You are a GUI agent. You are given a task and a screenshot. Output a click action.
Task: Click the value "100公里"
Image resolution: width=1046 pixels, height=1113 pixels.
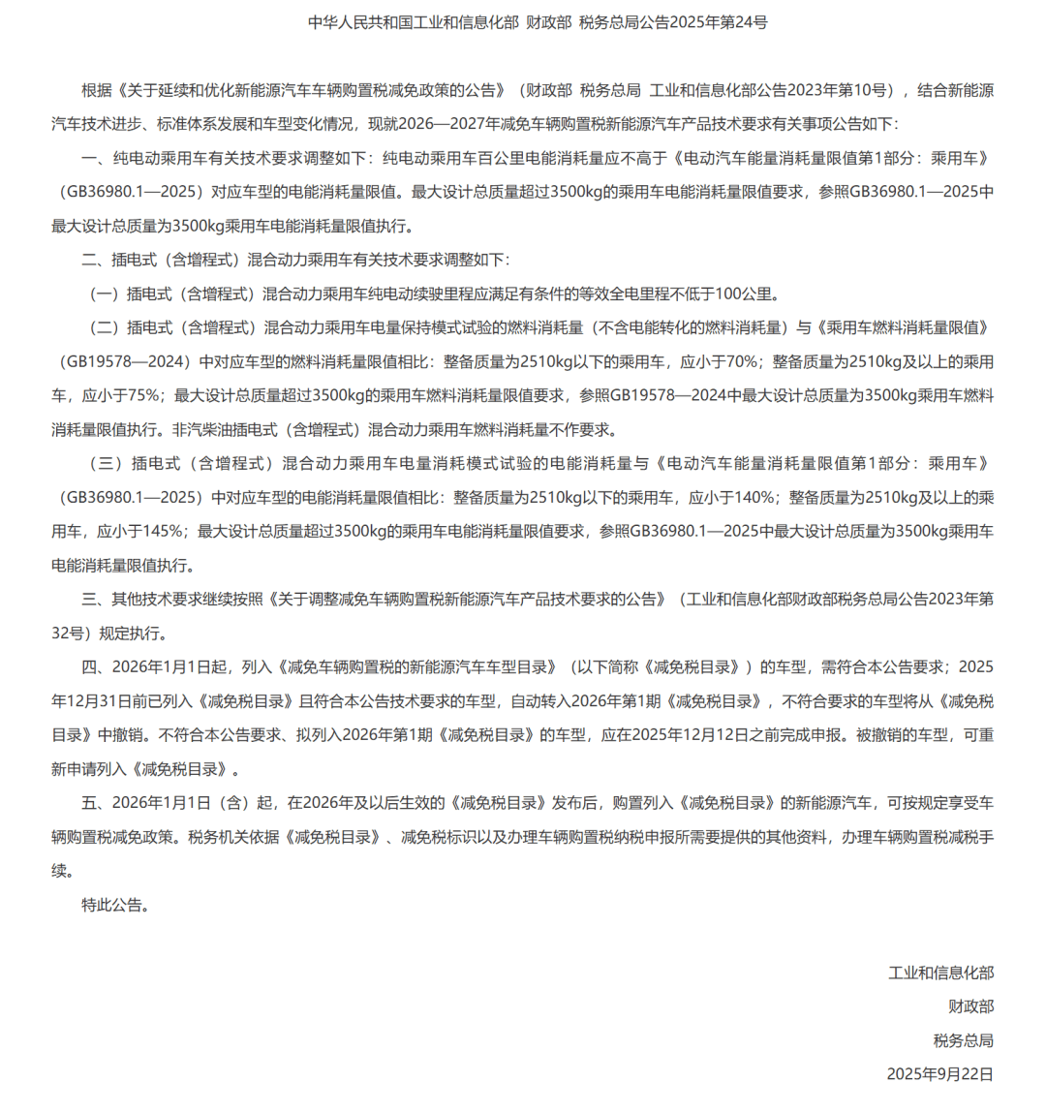pos(746,294)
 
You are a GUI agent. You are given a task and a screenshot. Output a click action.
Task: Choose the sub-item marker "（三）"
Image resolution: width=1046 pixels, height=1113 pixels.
pos(107,464)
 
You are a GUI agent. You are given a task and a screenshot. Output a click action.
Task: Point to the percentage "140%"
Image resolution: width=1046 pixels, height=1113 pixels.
pos(754,498)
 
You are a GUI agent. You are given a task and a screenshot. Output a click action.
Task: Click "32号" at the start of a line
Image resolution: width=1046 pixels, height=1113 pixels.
pos(68,634)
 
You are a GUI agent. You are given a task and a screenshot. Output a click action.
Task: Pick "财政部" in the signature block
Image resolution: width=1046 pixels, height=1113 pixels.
pos(970,1006)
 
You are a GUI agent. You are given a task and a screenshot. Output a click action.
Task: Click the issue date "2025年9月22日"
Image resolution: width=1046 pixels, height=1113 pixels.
pos(939,1074)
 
